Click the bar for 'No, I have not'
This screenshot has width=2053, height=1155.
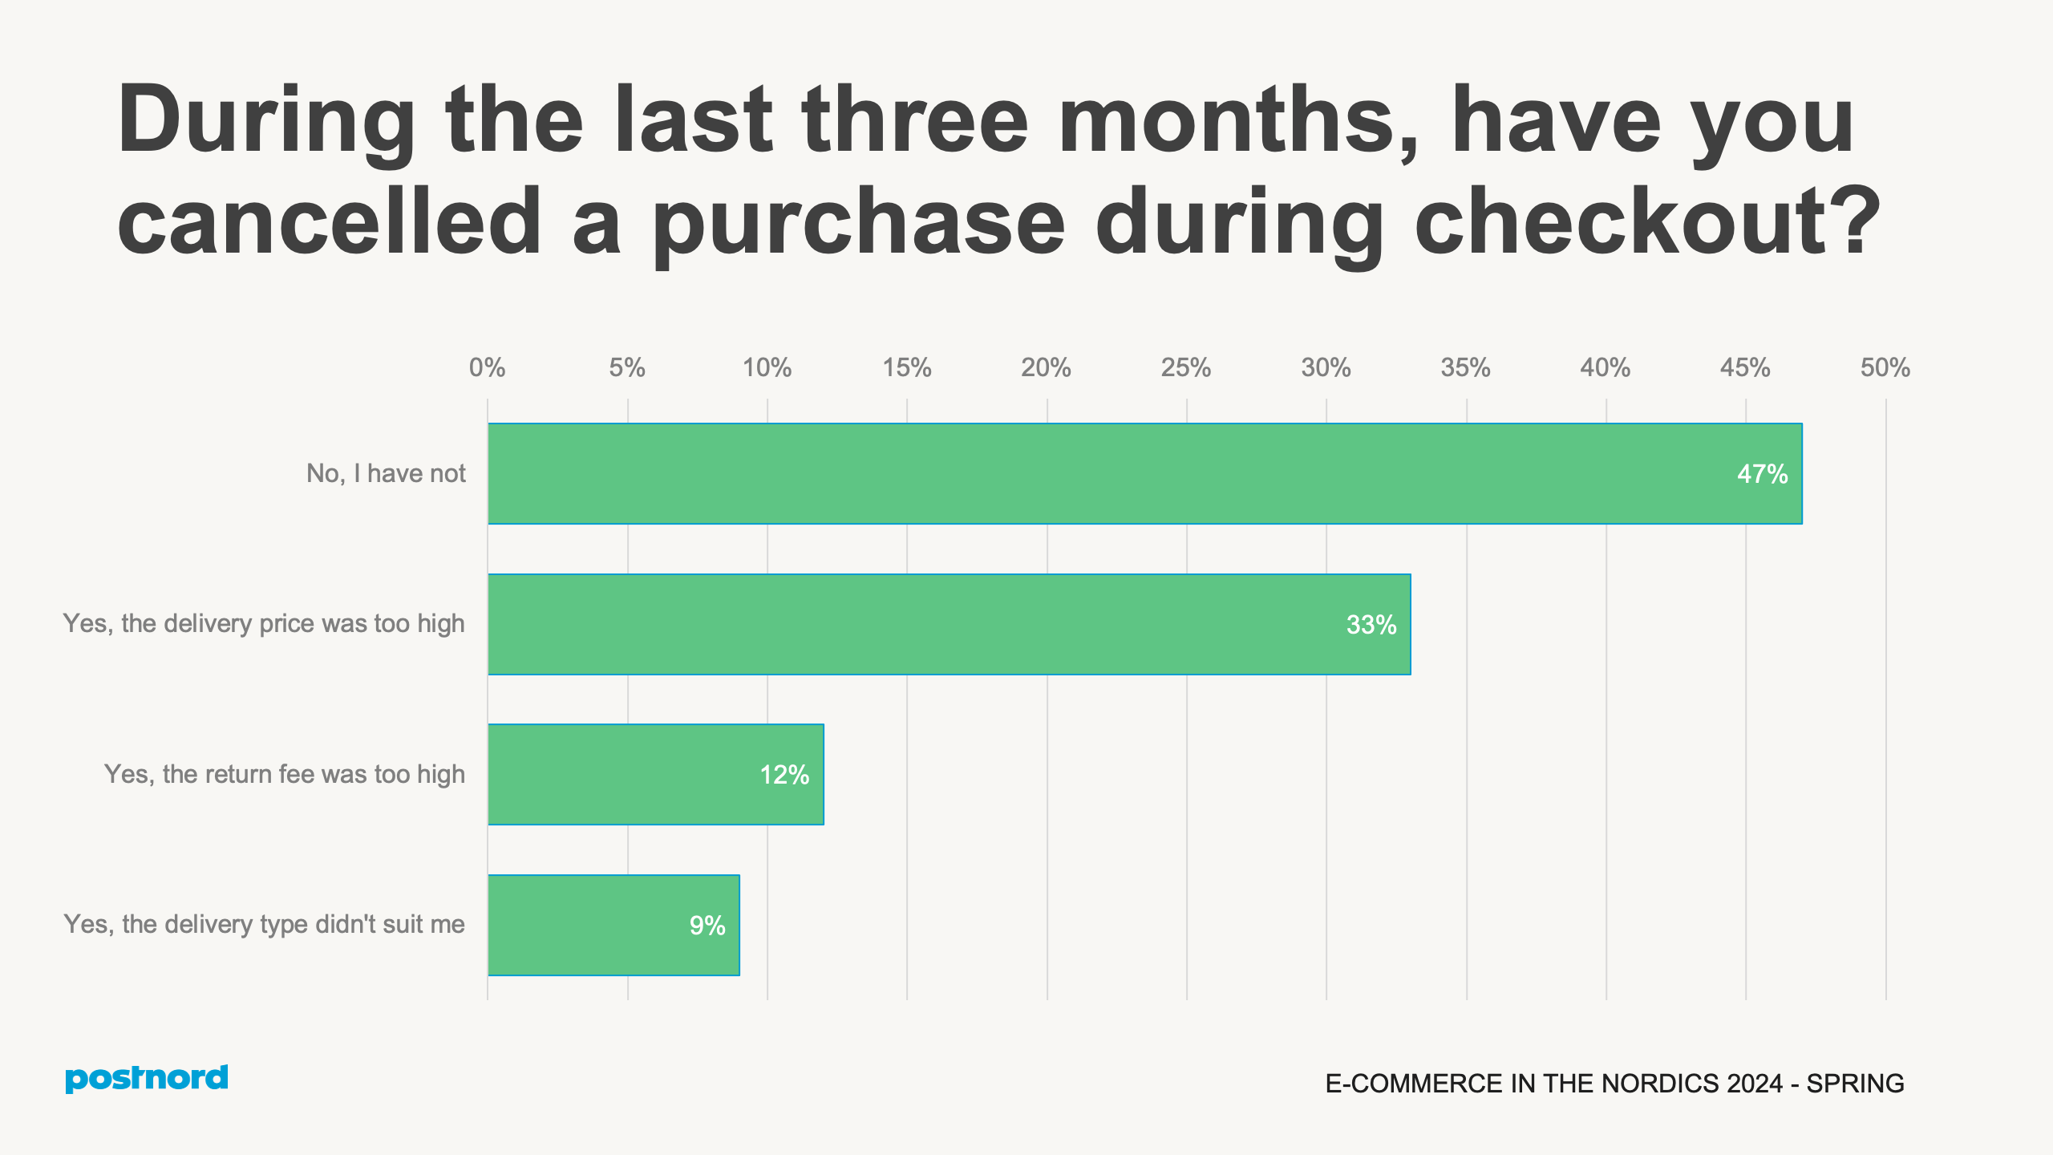click(1144, 473)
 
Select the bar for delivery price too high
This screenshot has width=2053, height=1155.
click(949, 624)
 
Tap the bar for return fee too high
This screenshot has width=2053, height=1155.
click(655, 774)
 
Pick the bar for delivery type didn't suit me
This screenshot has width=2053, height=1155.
click(613, 925)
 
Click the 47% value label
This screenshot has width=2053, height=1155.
click(1762, 474)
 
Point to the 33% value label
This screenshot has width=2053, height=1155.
click(1371, 625)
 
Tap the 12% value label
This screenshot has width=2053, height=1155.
click(784, 775)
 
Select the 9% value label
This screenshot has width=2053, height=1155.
click(707, 926)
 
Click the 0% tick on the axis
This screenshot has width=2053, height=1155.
click(487, 367)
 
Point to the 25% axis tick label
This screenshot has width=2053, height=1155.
click(1185, 367)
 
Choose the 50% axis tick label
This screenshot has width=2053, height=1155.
click(1885, 367)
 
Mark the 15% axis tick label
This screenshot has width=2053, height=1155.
click(906, 367)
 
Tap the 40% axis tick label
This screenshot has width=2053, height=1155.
click(1605, 367)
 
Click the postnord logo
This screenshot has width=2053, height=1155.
click(147, 1078)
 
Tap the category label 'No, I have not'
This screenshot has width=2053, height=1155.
click(386, 473)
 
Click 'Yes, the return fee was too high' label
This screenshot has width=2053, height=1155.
click(285, 774)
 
